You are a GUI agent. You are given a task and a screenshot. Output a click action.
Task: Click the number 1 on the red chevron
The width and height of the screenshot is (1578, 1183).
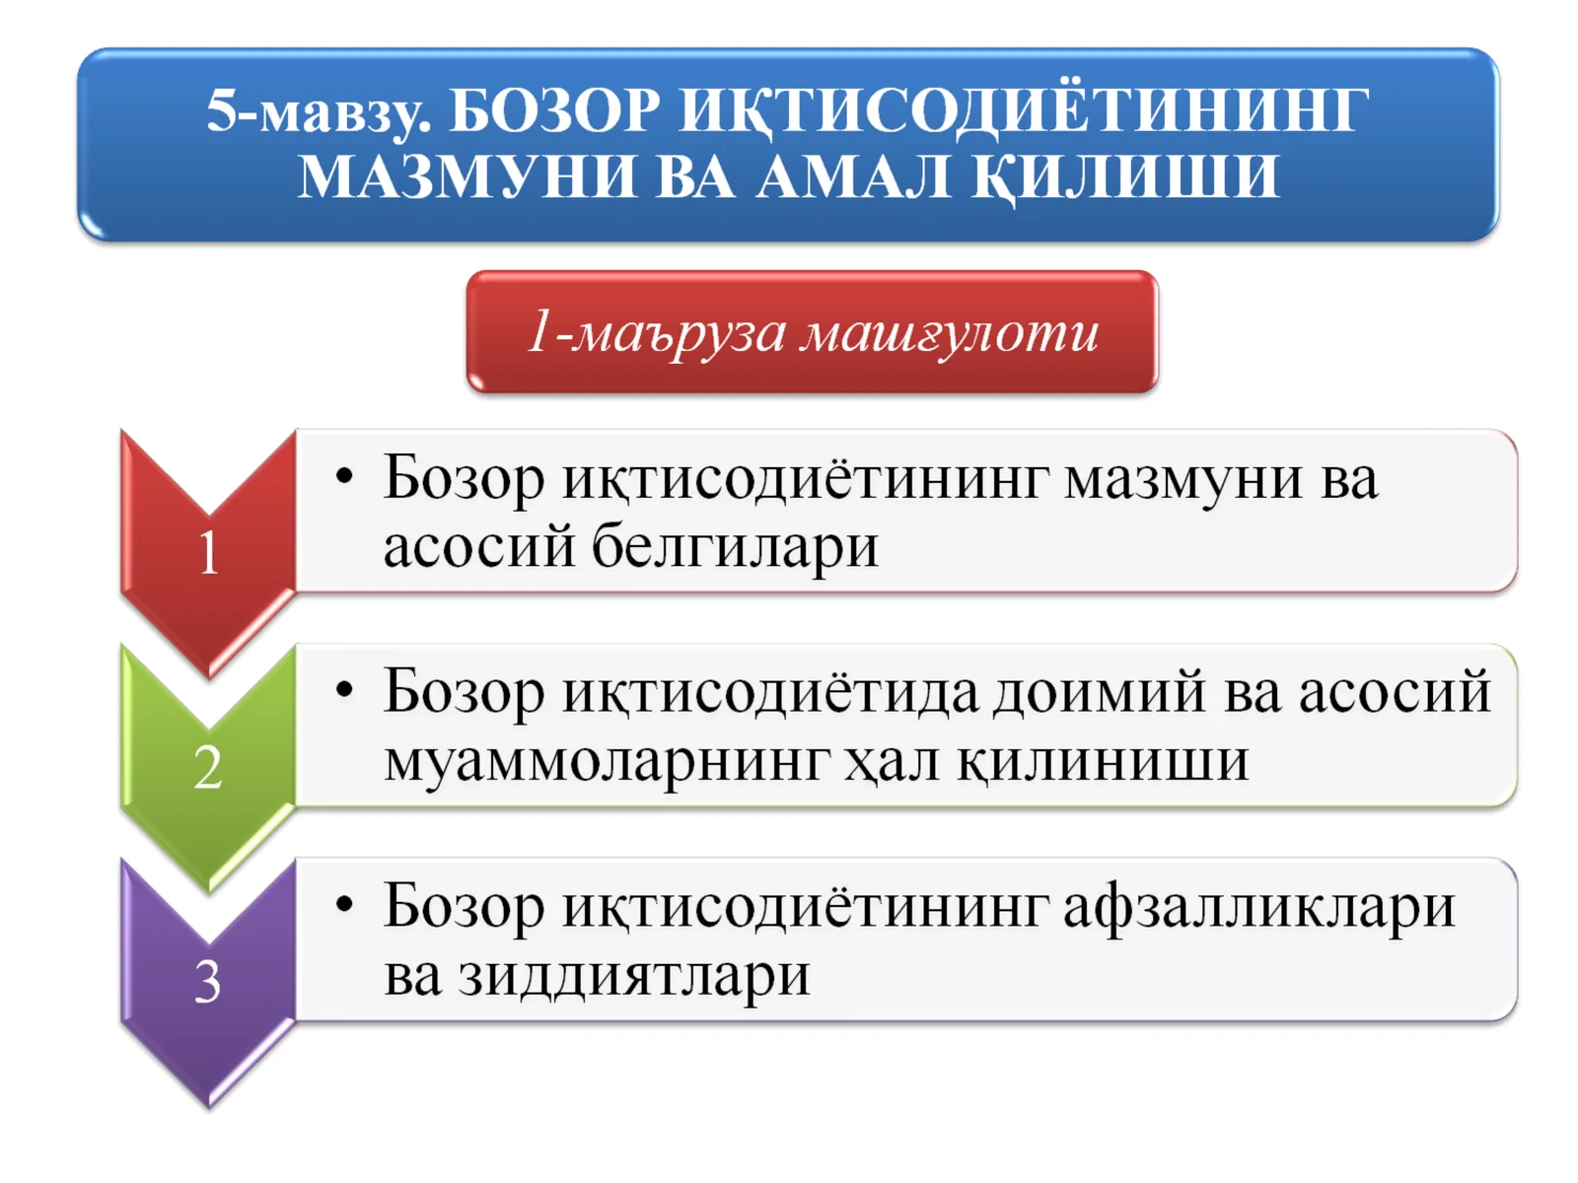click(208, 553)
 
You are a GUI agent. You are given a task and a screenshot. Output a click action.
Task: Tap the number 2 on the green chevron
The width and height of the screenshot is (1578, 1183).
click(208, 767)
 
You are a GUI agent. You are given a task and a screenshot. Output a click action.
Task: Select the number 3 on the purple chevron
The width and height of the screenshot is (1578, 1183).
click(208, 982)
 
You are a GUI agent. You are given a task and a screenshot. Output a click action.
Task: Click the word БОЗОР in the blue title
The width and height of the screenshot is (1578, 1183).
click(554, 110)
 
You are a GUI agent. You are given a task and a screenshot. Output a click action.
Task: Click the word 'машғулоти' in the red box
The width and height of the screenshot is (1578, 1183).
click(949, 332)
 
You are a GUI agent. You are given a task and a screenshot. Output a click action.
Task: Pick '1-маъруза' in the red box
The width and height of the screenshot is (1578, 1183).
click(657, 332)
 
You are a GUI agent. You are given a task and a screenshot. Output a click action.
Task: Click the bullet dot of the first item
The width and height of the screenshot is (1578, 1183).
click(344, 478)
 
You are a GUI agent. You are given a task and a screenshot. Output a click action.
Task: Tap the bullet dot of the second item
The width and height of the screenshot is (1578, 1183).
click(344, 691)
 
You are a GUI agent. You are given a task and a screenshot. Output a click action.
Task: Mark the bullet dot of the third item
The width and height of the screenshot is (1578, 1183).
click(344, 905)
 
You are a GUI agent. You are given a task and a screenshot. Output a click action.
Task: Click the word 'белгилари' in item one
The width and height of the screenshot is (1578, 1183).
click(734, 547)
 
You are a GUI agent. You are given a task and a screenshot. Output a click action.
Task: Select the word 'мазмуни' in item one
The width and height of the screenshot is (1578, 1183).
click(1183, 480)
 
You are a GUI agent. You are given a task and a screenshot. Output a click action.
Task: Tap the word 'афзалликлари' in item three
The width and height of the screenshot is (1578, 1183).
click(1258, 907)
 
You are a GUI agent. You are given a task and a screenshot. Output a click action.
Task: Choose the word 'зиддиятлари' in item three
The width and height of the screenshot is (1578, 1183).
click(634, 976)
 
